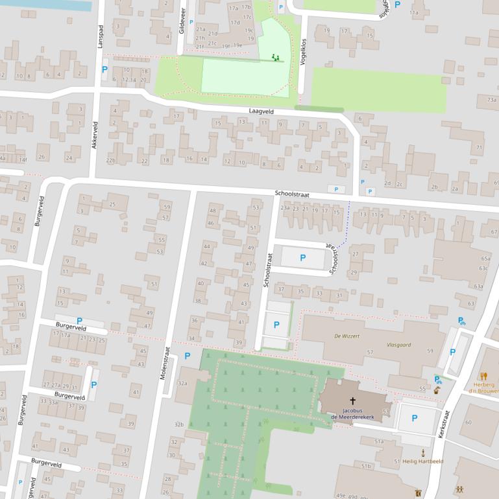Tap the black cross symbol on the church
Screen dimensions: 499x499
point(352,401)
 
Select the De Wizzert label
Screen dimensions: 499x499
point(346,336)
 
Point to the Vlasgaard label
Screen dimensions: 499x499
point(399,345)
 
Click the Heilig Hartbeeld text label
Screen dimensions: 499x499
point(422,461)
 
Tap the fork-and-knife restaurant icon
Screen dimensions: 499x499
point(483,376)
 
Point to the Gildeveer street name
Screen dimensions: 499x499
point(182,21)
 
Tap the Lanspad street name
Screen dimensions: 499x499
point(100,37)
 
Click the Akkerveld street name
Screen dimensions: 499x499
point(94,135)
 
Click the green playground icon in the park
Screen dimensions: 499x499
point(276,58)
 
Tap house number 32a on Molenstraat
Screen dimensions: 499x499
point(182,384)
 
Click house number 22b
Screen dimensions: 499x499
point(110,161)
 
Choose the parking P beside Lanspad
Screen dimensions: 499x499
point(104,69)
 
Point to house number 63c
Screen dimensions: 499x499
point(483,268)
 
